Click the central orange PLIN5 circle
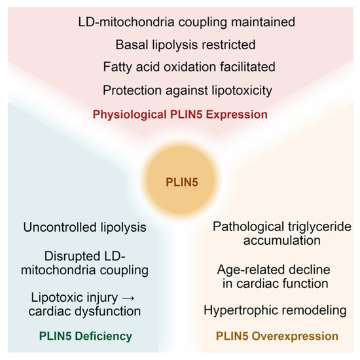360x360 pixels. (180, 180)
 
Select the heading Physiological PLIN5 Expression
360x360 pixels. (180, 115)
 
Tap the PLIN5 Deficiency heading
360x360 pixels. (86, 336)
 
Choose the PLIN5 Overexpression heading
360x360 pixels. (277, 336)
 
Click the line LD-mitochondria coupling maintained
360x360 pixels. (187, 22)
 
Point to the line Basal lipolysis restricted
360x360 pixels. (185, 45)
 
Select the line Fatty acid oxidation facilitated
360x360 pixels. (189, 67)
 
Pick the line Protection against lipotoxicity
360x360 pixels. (187, 90)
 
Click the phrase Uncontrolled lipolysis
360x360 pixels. (84, 228)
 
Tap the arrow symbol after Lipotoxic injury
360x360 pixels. (128, 298)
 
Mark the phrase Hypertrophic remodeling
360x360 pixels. (275, 310)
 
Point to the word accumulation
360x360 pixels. (282, 241)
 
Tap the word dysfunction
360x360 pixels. (108, 312)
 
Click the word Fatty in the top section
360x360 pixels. (117, 67)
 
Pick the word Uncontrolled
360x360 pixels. (60, 227)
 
